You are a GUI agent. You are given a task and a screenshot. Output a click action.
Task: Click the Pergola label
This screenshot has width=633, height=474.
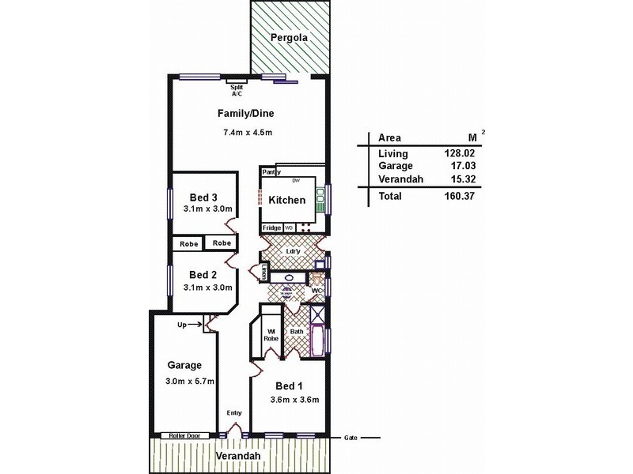[x=288, y=37]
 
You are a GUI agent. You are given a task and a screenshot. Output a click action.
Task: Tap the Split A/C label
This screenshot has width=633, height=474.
[x=237, y=90]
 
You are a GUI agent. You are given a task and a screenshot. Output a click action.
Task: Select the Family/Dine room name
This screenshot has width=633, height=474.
[x=247, y=113]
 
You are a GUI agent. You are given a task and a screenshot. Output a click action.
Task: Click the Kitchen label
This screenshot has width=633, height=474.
[x=286, y=200]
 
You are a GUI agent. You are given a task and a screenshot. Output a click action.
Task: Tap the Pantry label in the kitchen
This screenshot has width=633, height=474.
[x=271, y=171]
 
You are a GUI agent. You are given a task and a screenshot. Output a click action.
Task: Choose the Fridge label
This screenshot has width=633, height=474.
[x=271, y=228]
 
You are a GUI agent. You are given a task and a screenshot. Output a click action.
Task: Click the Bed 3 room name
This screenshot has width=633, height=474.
[x=203, y=197]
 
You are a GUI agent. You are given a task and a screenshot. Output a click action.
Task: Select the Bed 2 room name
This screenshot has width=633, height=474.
[x=203, y=275]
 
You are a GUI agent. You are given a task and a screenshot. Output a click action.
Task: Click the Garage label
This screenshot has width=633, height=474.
[x=185, y=366]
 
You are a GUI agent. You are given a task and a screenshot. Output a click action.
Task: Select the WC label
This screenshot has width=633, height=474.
[x=315, y=292]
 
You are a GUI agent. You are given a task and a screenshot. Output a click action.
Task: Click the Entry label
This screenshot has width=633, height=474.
[x=234, y=413]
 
